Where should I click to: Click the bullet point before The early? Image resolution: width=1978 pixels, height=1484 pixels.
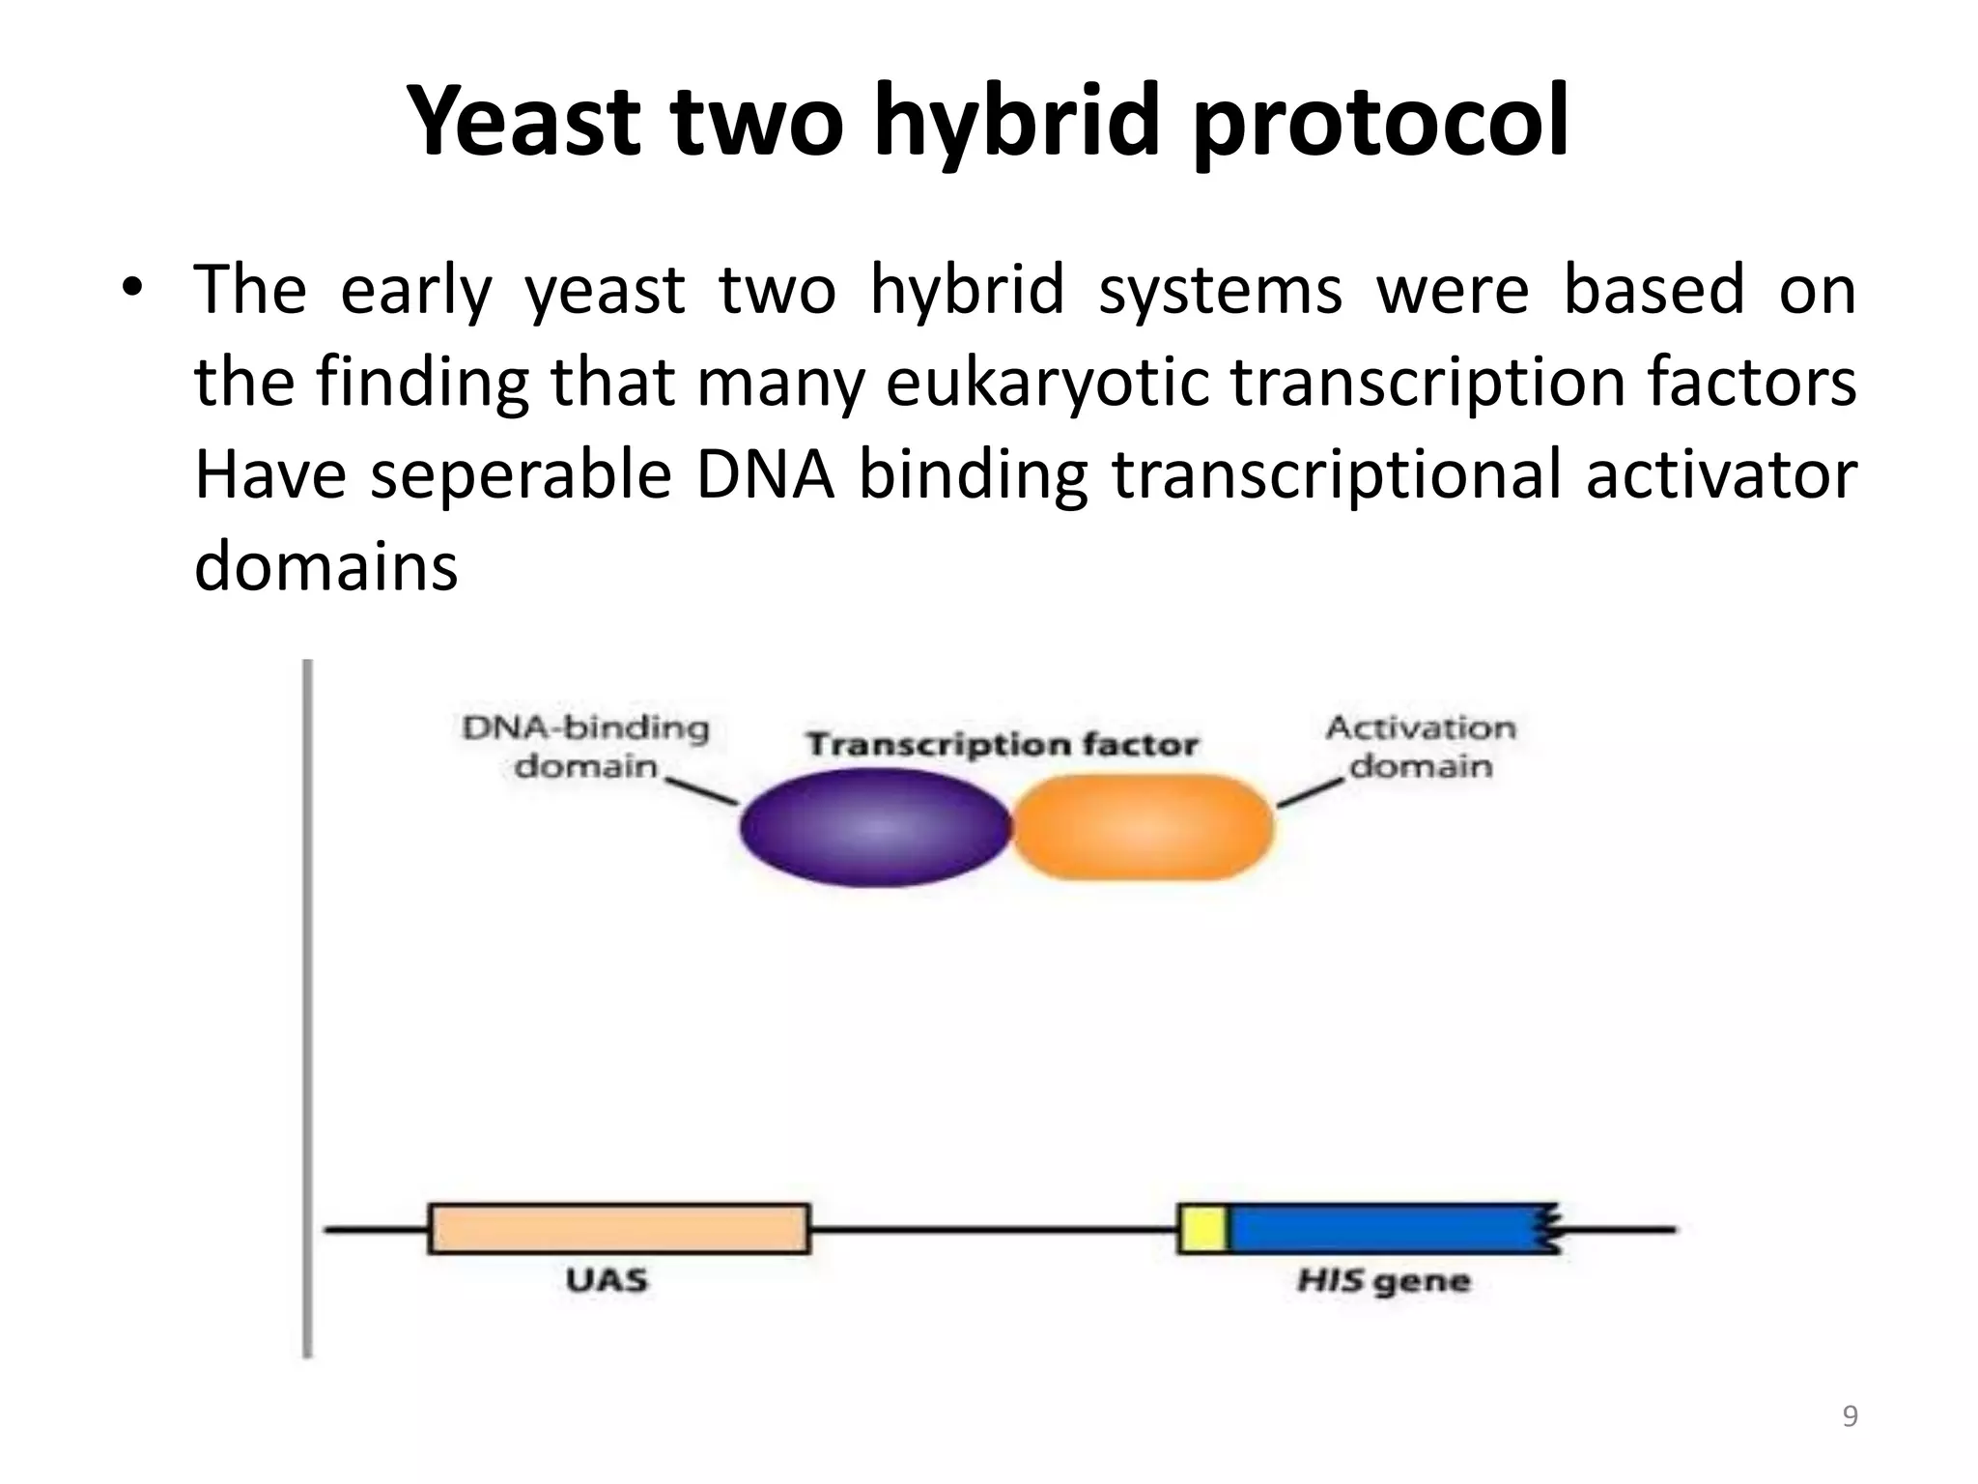coord(132,288)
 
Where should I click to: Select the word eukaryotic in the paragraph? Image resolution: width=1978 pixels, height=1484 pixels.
coord(1047,383)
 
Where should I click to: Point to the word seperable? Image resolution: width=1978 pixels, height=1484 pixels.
coord(521,476)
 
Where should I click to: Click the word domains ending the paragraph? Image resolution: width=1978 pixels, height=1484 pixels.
coord(325,566)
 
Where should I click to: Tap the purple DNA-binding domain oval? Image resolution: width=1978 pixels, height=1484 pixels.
coord(874,827)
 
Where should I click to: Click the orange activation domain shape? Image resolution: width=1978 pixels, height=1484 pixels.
coord(1143,827)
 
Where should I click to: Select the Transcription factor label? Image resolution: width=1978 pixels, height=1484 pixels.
coord(1002,745)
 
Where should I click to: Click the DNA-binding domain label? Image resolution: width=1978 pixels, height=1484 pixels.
coord(585,746)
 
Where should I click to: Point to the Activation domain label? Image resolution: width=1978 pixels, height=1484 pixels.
coord(1420,746)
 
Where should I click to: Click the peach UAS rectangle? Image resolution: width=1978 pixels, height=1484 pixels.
coord(618,1228)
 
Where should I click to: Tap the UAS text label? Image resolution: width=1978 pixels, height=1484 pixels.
coord(607,1281)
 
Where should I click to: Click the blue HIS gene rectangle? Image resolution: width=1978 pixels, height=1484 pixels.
coord(1381,1229)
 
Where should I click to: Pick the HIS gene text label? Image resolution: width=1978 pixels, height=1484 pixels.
coord(1382,1282)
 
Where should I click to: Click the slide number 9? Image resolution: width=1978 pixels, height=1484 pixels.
coord(1850,1416)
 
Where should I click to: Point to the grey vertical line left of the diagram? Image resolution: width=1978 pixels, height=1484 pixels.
coord(307,1005)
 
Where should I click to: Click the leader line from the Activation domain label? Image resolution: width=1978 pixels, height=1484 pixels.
coord(1311,792)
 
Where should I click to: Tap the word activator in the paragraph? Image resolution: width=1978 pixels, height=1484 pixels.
coord(1720,476)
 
